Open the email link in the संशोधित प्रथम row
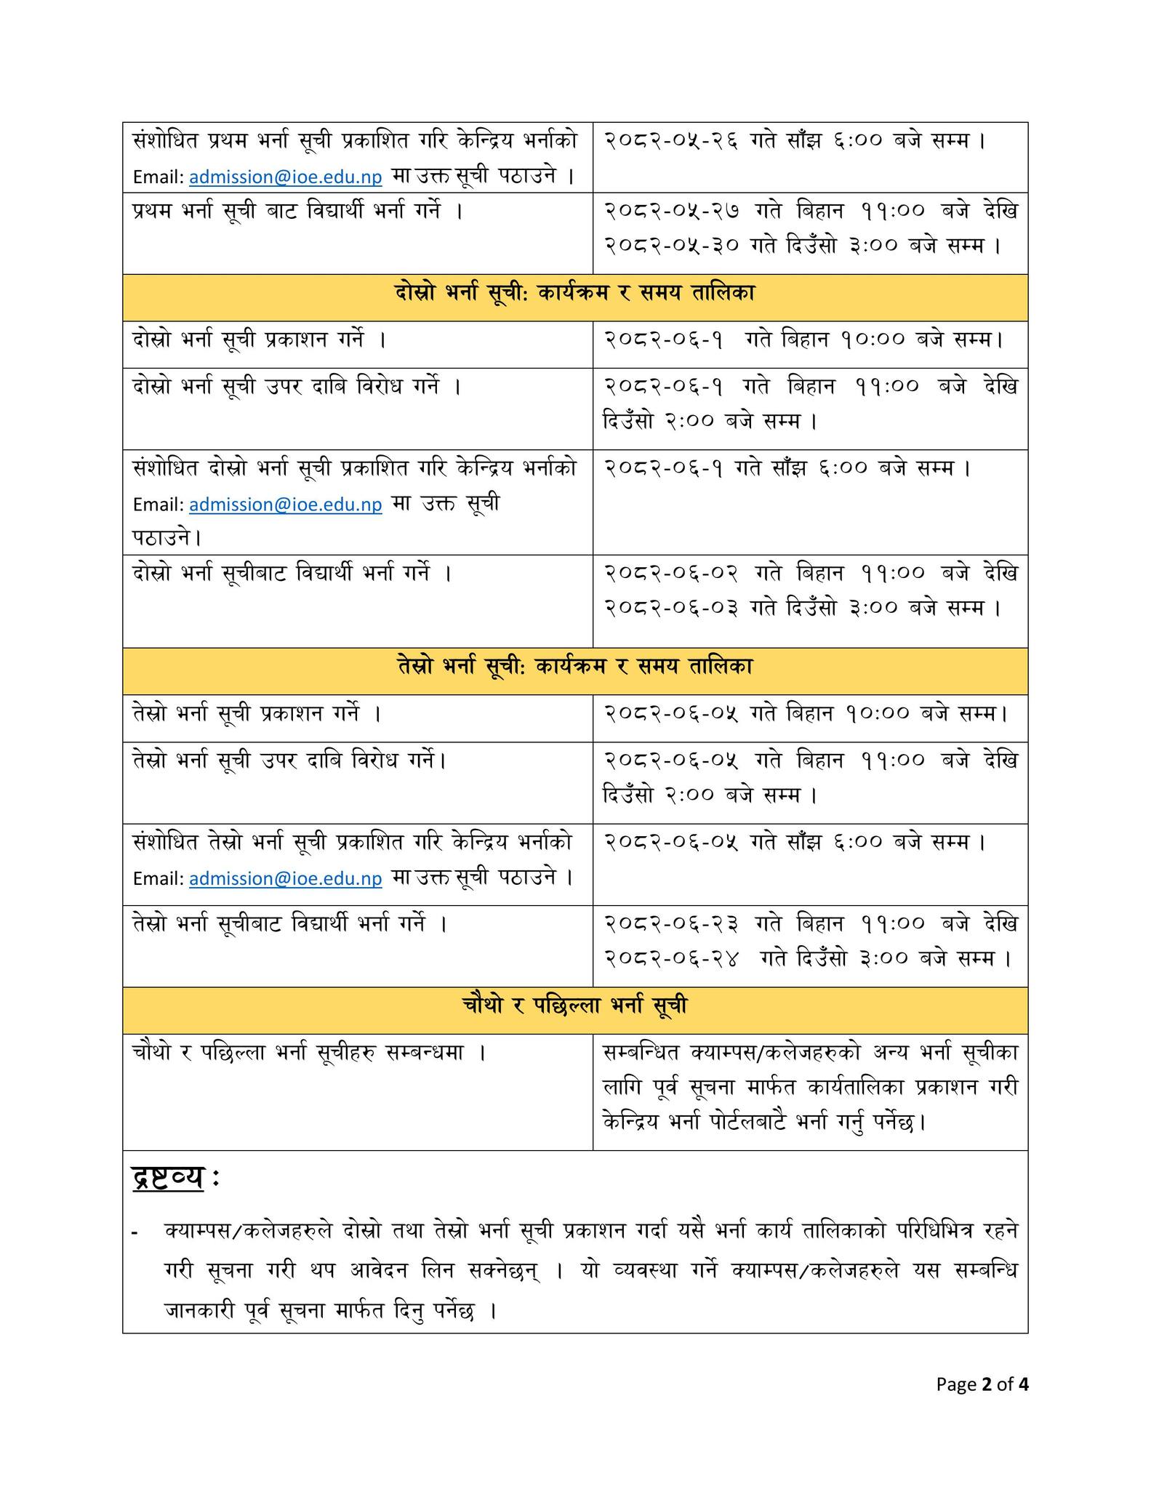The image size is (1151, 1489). point(285,177)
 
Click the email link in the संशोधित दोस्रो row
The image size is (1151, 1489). point(285,505)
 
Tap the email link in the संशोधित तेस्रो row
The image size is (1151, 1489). point(285,879)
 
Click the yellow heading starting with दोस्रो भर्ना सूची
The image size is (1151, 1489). point(574,294)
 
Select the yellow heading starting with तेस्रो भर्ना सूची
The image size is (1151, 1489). point(574,667)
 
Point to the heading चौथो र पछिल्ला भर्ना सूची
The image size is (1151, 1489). point(574,1006)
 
